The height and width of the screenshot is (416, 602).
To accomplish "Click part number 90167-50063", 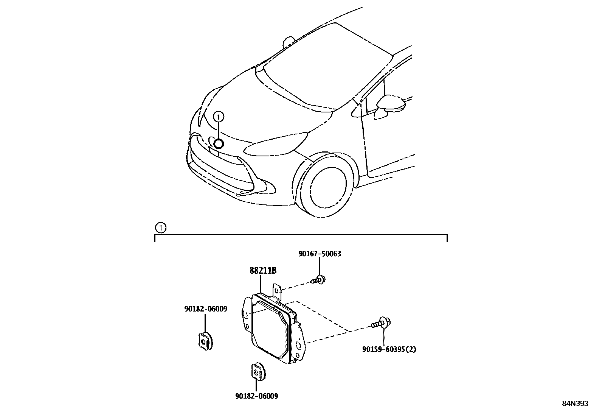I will point(320,254).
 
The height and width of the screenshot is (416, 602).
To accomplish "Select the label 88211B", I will point(263,271).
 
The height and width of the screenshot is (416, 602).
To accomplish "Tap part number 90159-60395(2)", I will point(389,349).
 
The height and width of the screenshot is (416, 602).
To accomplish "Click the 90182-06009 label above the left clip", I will point(206,309).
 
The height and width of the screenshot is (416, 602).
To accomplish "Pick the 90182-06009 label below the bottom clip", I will point(256,396).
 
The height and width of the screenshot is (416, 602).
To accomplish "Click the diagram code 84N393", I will point(575,404).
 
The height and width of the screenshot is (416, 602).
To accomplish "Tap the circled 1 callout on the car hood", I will point(219,117).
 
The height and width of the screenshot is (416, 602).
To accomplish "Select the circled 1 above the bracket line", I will point(160,228).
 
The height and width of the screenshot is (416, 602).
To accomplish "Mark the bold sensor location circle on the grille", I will point(219,144).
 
